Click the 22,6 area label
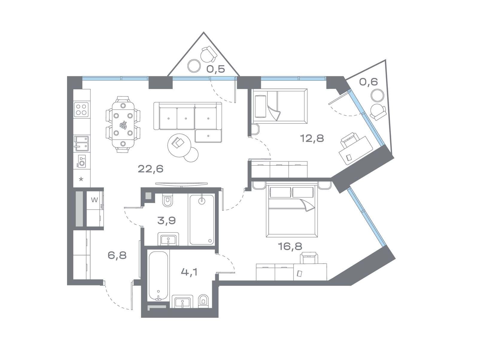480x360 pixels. (x=151, y=169)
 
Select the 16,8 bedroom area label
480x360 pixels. (x=290, y=246)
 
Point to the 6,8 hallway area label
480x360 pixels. (x=117, y=255)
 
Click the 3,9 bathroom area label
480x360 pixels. (x=166, y=220)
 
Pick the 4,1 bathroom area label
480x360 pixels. (x=189, y=272)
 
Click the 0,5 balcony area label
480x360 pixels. (x=216, y=69)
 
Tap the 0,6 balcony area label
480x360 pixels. (x=368, y=82)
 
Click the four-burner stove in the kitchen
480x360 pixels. (x=81, y=109)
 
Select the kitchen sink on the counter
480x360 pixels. (x=81, y=143)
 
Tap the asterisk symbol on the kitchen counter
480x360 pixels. (x=81, y=179)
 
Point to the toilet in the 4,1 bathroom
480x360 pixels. (x=203, y=302)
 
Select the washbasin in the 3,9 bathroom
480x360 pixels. (x=168, y=239)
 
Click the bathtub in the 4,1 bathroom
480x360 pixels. (x=158, y=276)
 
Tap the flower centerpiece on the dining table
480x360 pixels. (x=123, y=125)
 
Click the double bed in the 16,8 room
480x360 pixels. (x=292, y=211)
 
